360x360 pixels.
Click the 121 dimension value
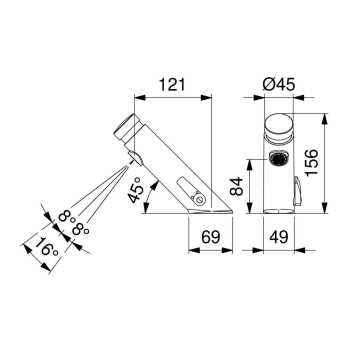[x=171, y=85]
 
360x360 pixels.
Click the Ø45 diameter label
[x=279, y=85]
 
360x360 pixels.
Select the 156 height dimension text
[x=312, y=162]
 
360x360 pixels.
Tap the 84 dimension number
[x=236, y=186]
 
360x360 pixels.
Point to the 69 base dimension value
[x=211, y=237]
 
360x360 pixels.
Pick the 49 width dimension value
[x=279, y=237]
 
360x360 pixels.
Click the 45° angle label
[x=137, y=189]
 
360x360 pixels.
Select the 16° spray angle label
[x=47, y=248]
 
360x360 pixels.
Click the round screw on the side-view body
[x=199, y=199]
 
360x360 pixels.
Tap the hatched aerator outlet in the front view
[x=279, y=158]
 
